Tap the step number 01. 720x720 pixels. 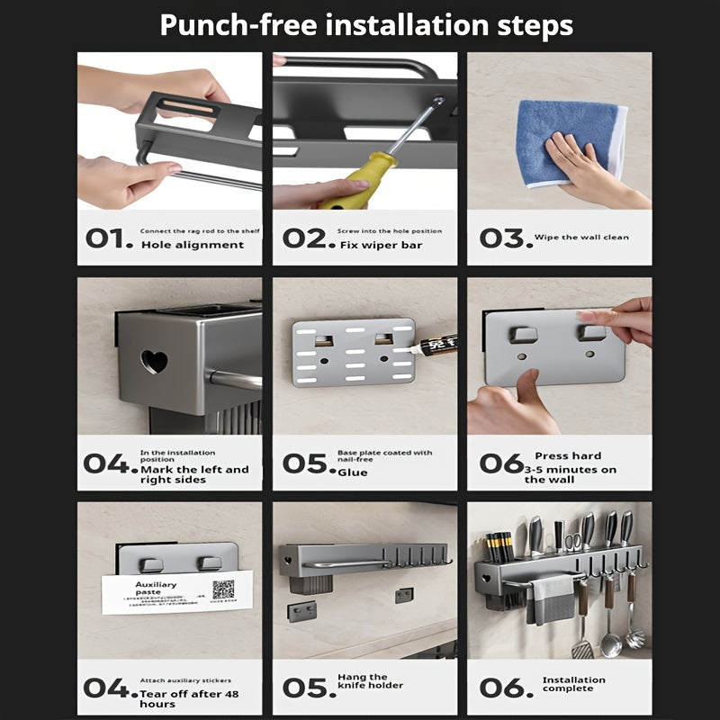click(x=109, y=238)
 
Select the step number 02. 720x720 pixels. click(x=303, y=238)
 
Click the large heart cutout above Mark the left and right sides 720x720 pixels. click(x=155, y=362)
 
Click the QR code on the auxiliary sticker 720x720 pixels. click(x=222, y=589)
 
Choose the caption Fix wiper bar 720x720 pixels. click(x=381, y=245)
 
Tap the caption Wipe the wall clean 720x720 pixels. click(x=581, y=238)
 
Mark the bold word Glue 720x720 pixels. click(x=353, y=472)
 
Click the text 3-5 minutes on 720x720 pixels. click(x=571, y=469)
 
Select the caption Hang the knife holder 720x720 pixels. click(x=370, y=681)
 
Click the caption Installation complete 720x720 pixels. click(x=574, y=684)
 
